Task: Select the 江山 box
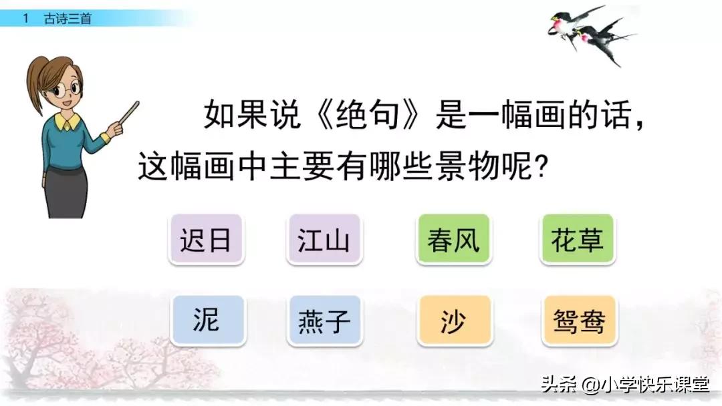tap(324, 239)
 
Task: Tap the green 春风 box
tap(454, 239)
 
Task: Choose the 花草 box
tap(578, 239)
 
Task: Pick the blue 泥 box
tap(207, 321)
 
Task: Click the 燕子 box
tap(324, 321)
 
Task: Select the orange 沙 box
tap(454, 321)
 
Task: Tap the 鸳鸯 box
tap(578, 321)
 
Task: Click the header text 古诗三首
tap(68, 19)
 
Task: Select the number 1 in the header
tap(25, 19)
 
